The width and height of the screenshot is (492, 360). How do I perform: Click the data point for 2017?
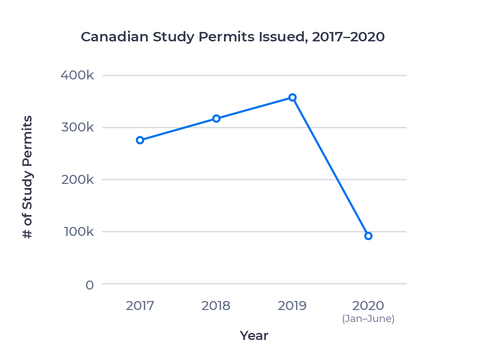140,140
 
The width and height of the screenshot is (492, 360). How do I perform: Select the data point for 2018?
216,119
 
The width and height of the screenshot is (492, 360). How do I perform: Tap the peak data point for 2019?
292,97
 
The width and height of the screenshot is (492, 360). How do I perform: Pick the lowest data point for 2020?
368,236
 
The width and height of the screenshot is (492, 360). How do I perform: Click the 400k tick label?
77,75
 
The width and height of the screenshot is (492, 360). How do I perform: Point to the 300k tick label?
77,127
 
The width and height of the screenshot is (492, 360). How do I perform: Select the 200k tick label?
77,179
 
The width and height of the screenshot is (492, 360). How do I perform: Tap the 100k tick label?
77,232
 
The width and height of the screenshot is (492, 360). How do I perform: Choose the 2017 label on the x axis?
140,306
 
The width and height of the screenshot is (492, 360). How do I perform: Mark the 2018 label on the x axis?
216,306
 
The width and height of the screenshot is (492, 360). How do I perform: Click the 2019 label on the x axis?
292,306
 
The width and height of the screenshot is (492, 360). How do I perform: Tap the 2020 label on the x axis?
368,306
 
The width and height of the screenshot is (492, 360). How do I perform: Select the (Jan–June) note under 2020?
368,319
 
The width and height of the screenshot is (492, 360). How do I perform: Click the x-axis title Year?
254,336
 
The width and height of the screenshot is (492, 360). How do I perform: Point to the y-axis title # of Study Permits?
27,177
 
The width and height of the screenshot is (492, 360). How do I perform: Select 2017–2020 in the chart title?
348,37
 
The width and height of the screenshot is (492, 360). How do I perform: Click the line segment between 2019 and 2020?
331,167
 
